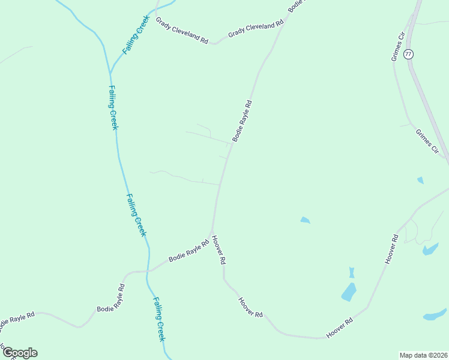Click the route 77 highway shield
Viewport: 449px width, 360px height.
pos(409,54)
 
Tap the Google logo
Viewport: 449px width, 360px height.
pos(19,353)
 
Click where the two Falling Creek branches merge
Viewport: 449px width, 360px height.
pos(110,74)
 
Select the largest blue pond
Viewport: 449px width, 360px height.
pos(349,292)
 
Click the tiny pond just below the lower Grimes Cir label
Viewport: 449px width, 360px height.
pos(420,180)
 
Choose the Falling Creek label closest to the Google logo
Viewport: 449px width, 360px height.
pos(158,319)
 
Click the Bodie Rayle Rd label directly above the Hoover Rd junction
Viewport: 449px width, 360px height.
pos(242,121)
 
